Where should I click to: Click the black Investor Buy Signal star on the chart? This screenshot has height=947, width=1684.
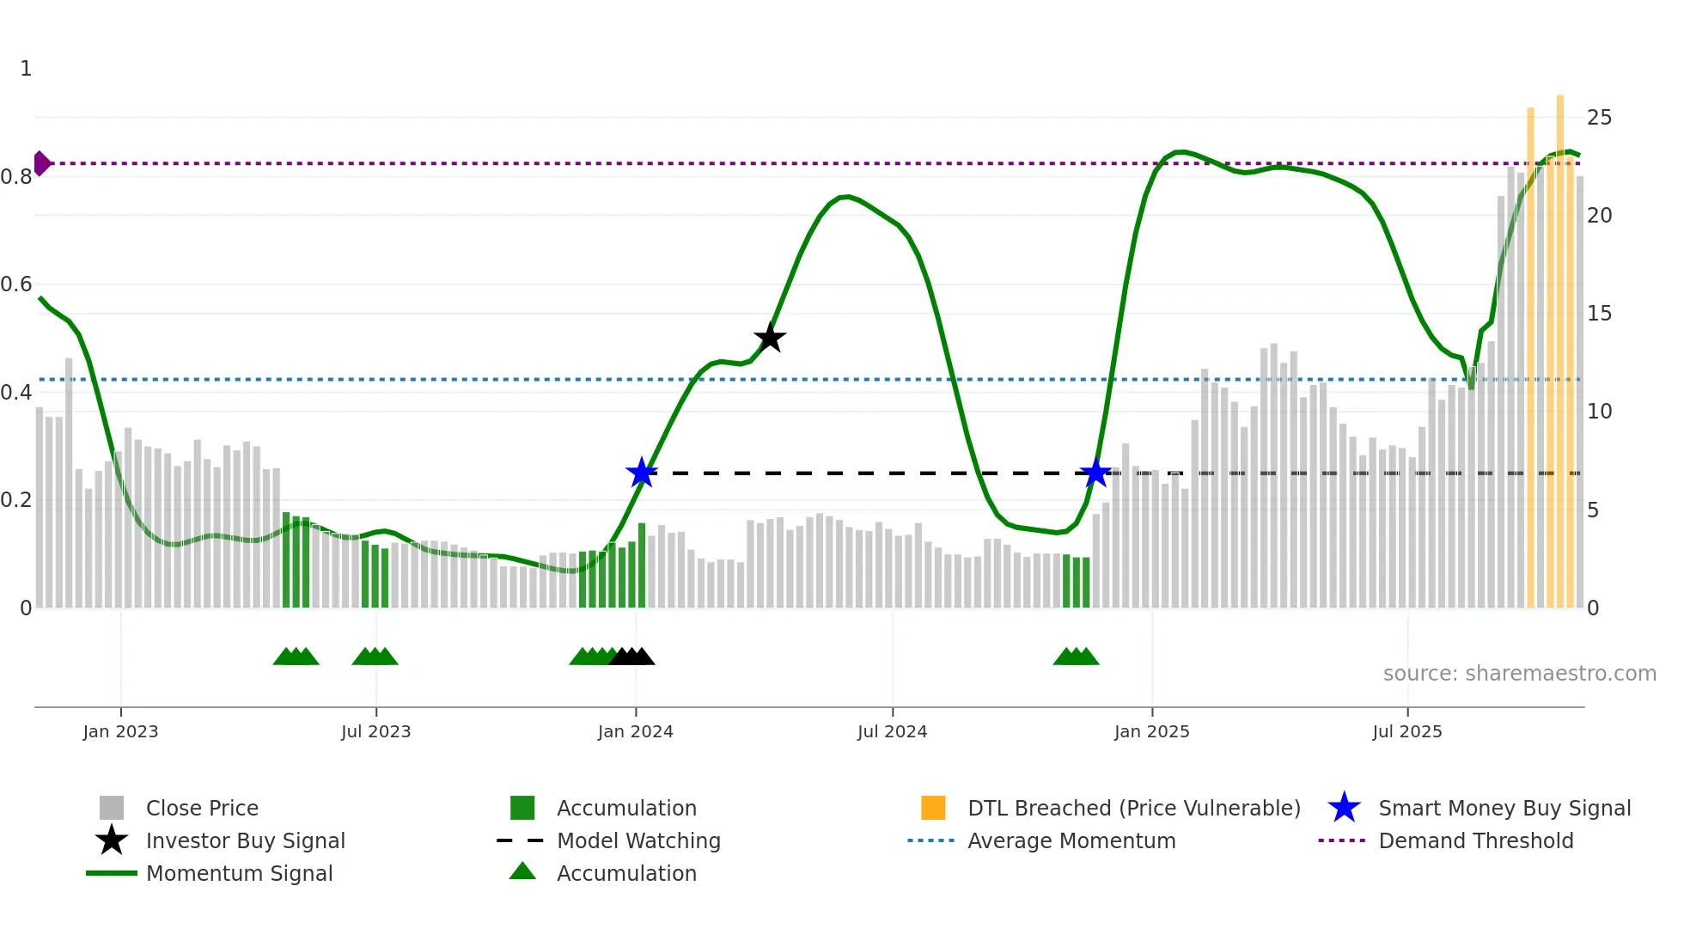[770, 338]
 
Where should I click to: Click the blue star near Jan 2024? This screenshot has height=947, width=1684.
[641, 473]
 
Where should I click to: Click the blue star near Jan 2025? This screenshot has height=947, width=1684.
[1095, 473]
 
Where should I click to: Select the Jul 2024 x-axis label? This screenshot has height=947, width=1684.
[892, 732]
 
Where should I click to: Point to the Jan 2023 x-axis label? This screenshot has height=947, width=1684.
[120, 732]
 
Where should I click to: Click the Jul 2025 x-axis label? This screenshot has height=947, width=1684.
[1406, 732]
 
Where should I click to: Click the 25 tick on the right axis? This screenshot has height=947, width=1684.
[1599, 118]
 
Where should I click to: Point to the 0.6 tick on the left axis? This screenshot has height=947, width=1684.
[15, 284]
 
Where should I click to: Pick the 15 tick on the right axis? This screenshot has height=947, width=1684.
[1599, 314]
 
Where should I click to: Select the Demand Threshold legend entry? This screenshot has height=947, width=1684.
[1475, 841]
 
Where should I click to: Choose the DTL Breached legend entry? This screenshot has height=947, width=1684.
[1133, 809]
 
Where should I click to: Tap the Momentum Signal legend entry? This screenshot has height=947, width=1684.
[239, 874]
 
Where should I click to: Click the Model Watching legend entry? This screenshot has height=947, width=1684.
[638, 841]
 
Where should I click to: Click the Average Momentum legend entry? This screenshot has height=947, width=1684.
[1071, 841]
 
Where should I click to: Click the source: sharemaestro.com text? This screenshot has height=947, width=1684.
[1519, 674]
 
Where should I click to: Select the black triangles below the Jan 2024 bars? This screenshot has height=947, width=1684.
[632, 657]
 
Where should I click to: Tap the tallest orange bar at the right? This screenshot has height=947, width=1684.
[1560, 344]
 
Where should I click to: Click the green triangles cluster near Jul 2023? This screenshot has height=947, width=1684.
[375, 657]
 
